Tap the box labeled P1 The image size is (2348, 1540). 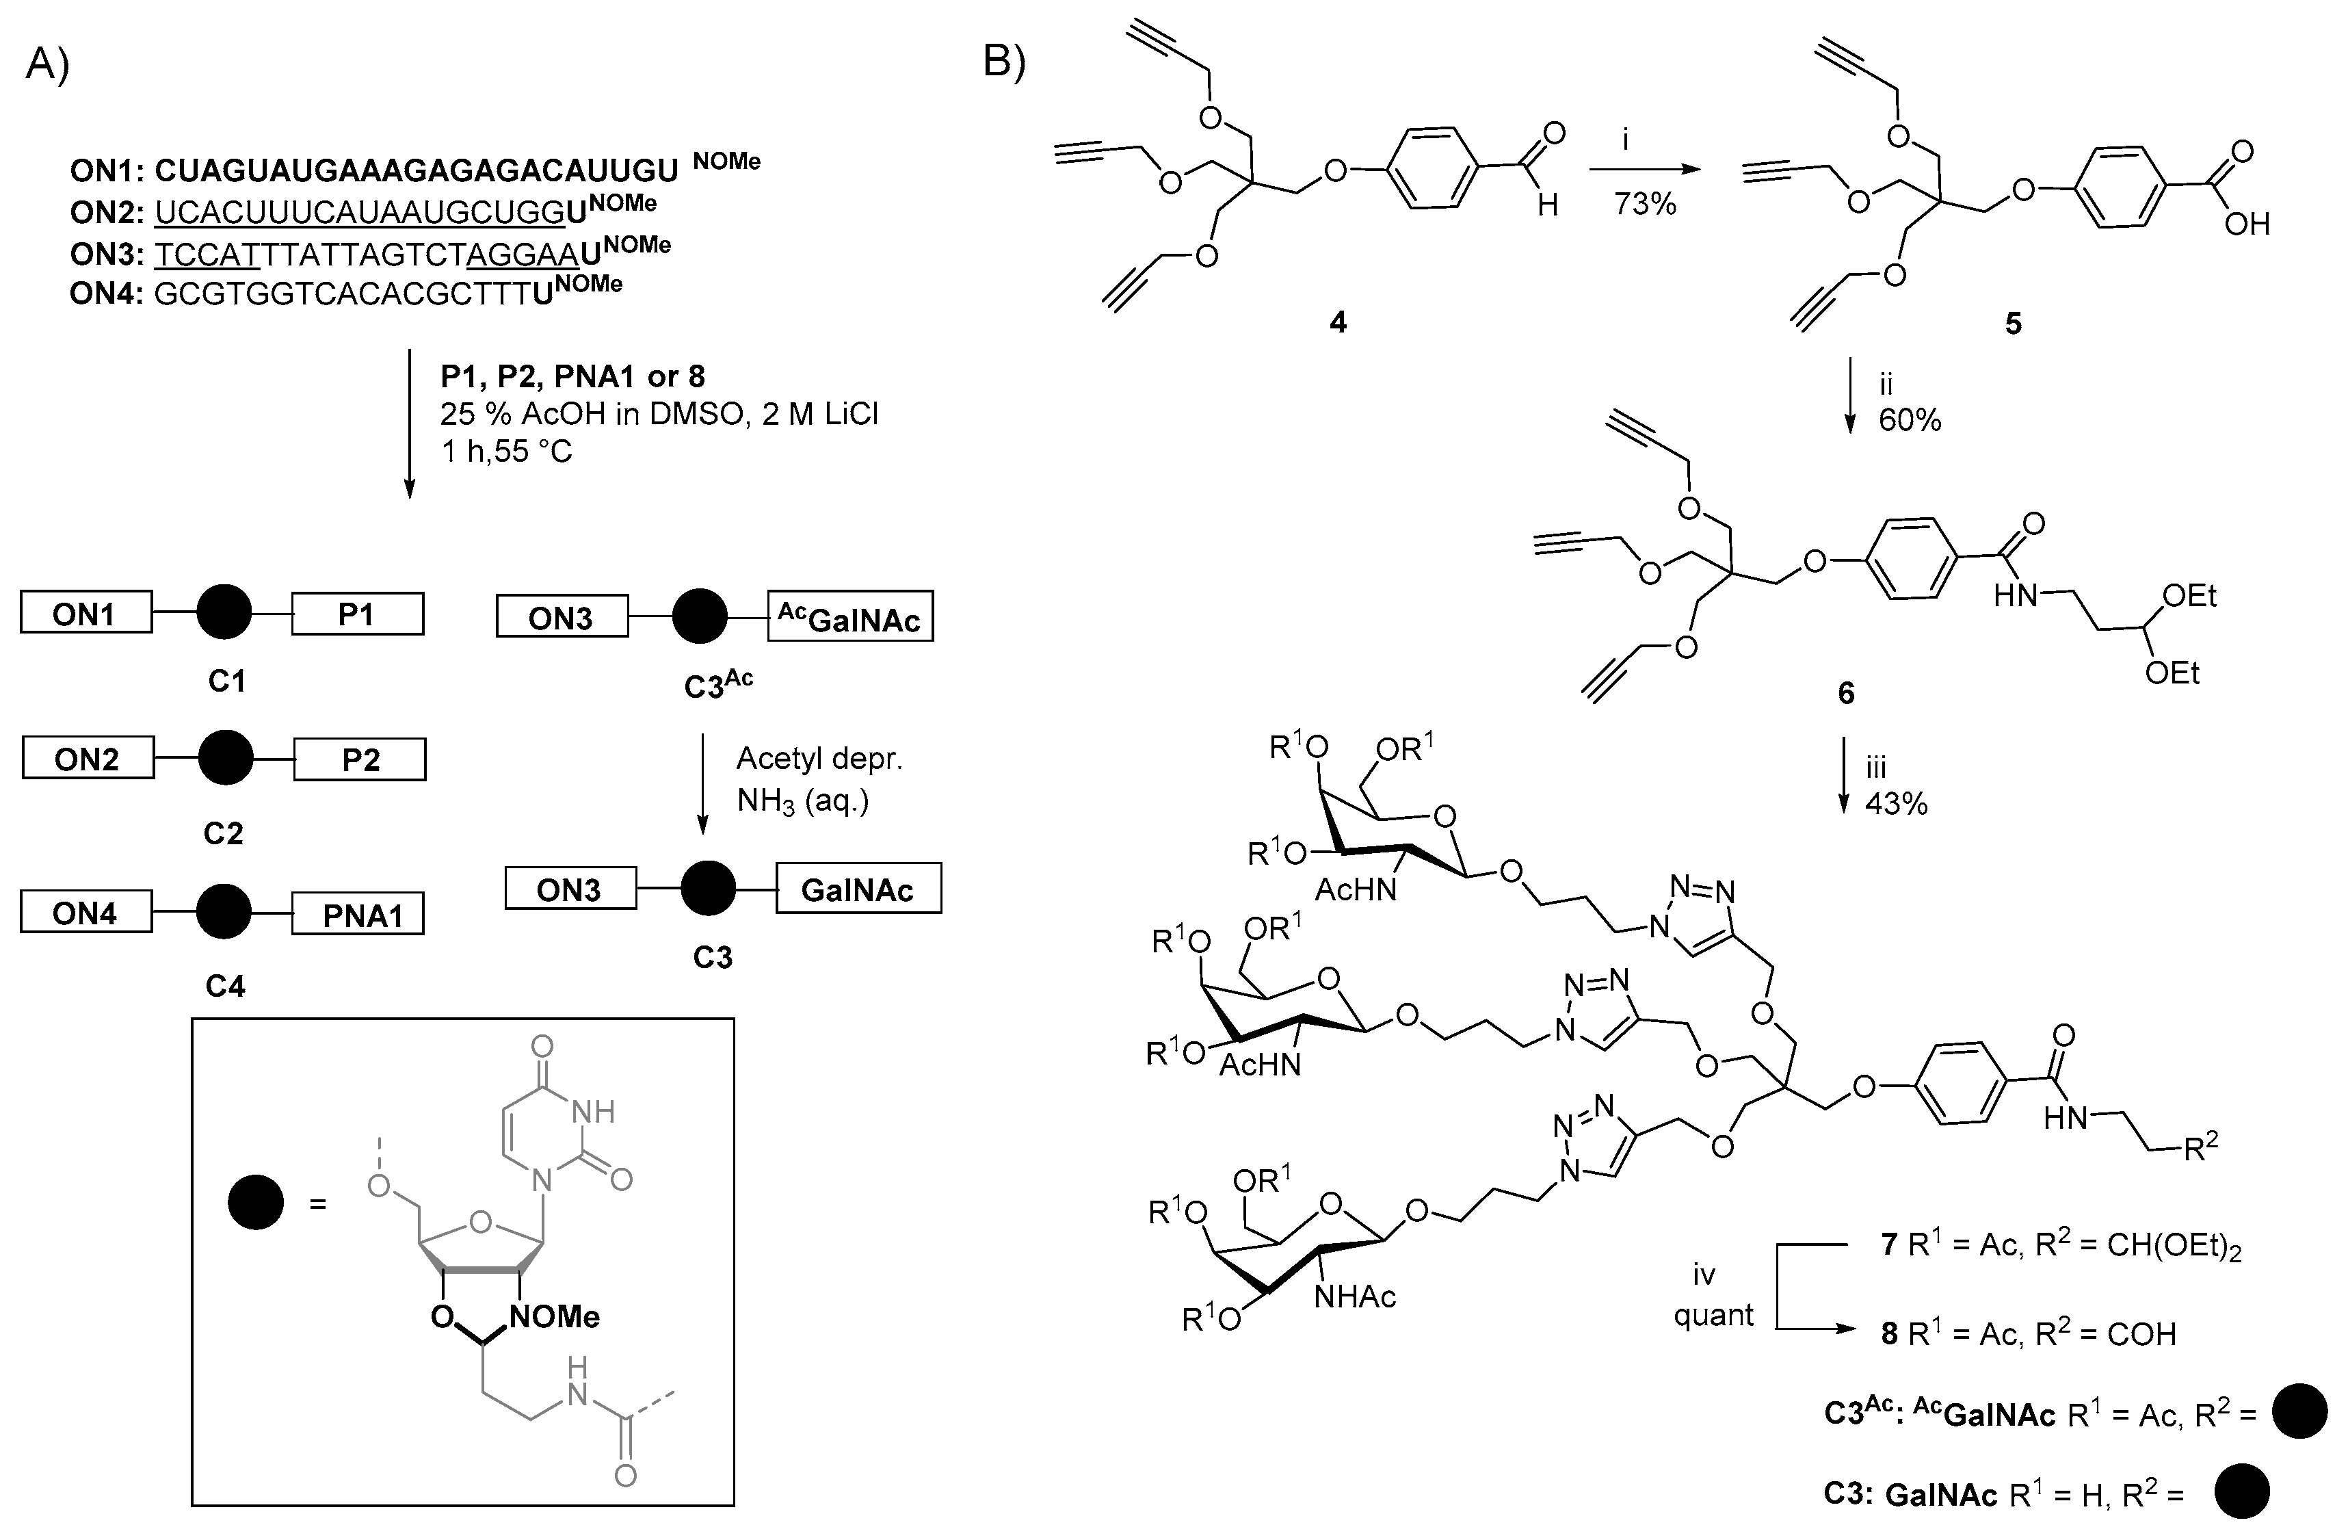[x=357, y=614]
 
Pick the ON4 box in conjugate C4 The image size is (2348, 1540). [x=85, y=913]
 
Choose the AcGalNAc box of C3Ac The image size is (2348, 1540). [x=849, y=618]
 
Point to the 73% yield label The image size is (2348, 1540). [x=1645, y=204]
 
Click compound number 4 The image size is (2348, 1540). [x=1337, y=323]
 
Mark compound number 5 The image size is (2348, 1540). [x=2014, y=324]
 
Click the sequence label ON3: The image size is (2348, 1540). [x=107, y=254]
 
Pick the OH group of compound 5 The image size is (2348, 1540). [x=2246, y=225]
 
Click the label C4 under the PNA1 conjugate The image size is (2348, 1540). [x=225, y=986]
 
